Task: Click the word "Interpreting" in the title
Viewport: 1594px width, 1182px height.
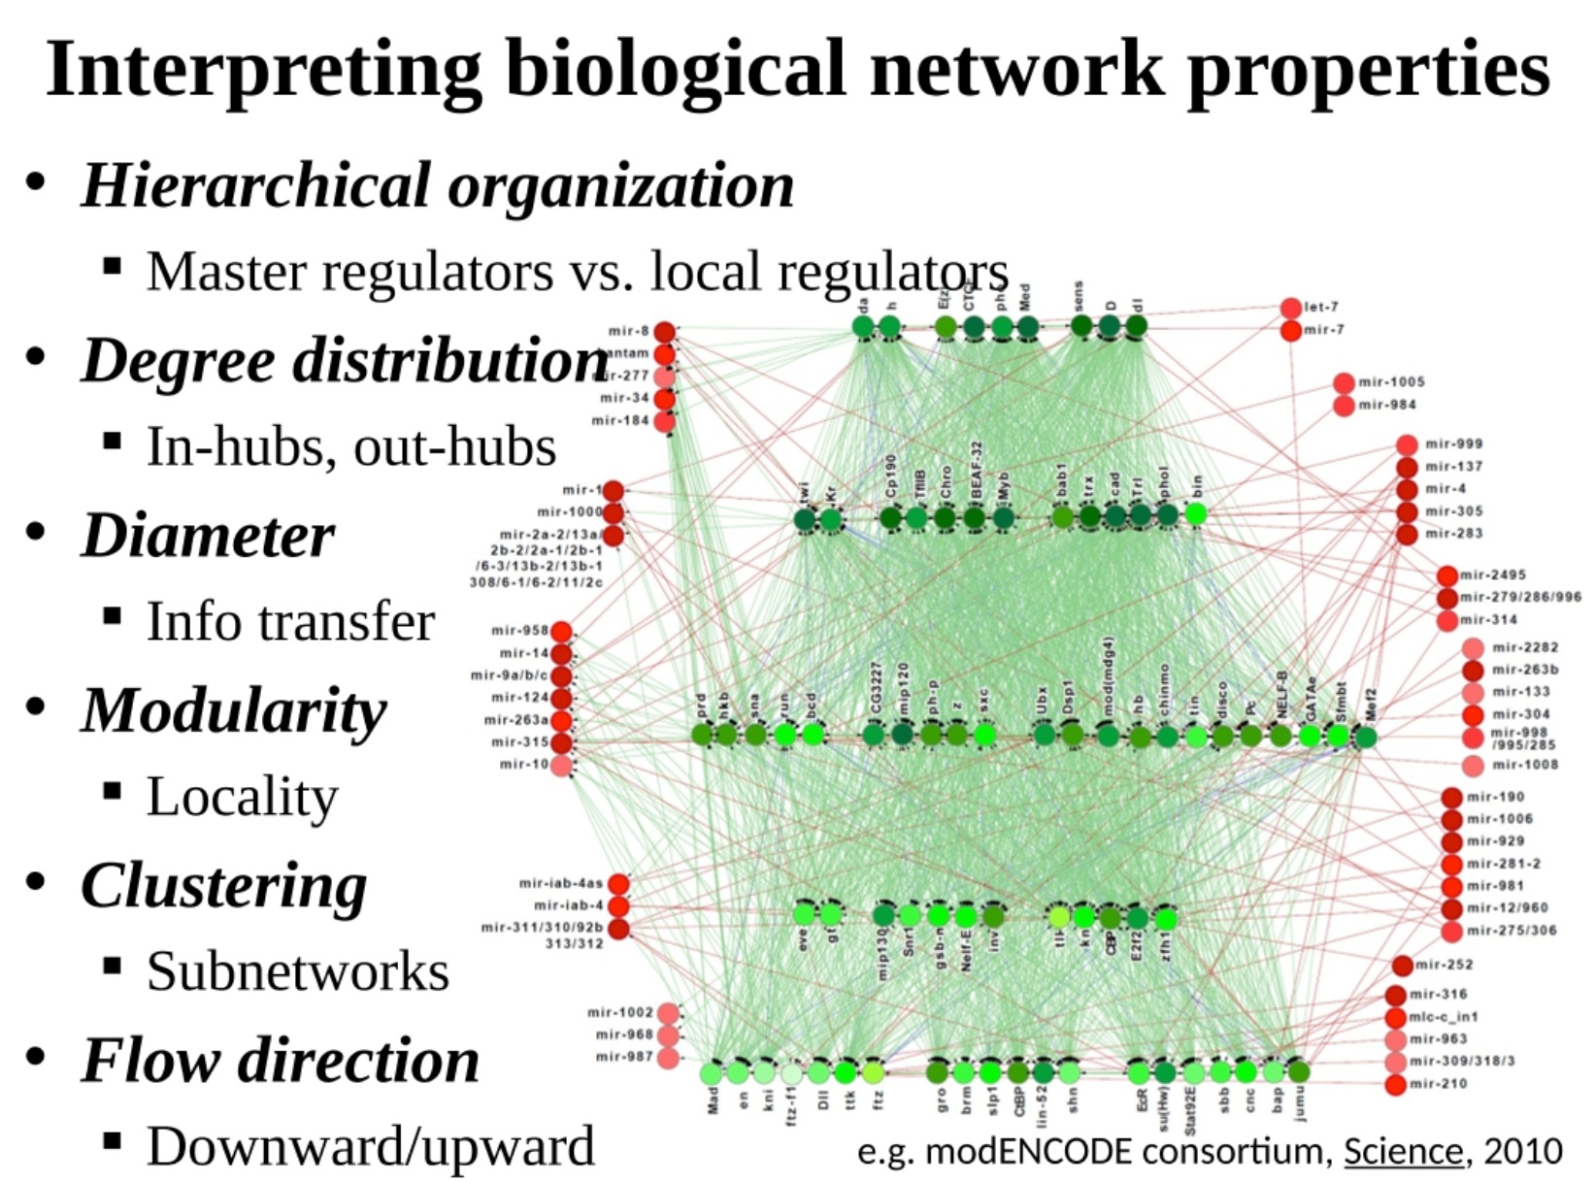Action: point(262,70)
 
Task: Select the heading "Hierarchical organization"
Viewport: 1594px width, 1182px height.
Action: point(437,185)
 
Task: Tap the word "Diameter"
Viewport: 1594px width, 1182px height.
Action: point(208,536)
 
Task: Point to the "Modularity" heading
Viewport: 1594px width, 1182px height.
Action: point(234,710)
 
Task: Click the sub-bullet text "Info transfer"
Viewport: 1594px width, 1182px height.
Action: point(290,622)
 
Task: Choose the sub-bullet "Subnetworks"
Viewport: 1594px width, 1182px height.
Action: point(298,971)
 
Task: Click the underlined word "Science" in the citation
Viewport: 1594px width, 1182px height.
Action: point(1403,1152)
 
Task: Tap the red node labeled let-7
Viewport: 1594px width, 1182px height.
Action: point(1290,309)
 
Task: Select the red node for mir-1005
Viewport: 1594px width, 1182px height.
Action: point(1344,383)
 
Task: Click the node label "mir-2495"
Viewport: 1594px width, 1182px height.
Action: point(1493,575)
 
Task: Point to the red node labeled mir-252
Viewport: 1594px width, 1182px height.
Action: point(1402,966)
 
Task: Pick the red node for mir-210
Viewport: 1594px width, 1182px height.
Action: point(1396,1084)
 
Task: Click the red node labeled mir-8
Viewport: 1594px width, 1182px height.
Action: point(664,332)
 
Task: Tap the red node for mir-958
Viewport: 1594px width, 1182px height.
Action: point(561,632)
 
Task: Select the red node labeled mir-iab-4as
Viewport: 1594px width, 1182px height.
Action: point(618,884)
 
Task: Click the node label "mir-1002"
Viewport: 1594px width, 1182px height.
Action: point(620,1012)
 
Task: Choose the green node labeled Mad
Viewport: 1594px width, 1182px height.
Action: point(713,1073)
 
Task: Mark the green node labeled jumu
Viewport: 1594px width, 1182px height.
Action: point(1299,1071)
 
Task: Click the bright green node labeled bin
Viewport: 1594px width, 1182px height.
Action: point(1196,513)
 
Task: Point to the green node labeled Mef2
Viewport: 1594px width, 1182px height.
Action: point(1365,739)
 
